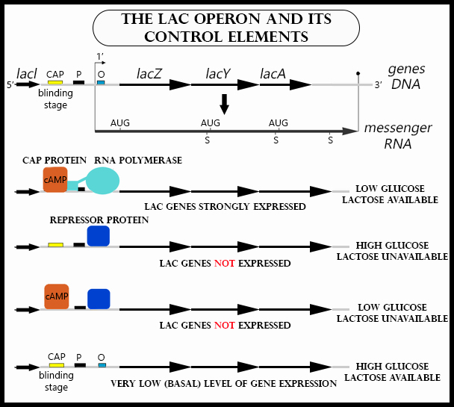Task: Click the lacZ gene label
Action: point(151,74)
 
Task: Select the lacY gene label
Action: point(218,74)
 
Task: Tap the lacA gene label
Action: point(273,74)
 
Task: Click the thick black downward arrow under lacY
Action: point(224,104)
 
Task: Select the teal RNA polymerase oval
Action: point(113,182)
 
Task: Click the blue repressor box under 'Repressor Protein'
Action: point(99,236)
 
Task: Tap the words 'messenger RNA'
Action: point(398,135)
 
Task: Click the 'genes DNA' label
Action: point(406,76)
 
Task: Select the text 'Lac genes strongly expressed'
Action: point(225,206)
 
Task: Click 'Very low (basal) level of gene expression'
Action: point(223,383)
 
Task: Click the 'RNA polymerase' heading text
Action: point(138,161)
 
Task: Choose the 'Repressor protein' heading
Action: point(99,220)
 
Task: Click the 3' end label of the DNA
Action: point(378,85)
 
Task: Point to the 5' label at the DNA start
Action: point(10,85)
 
